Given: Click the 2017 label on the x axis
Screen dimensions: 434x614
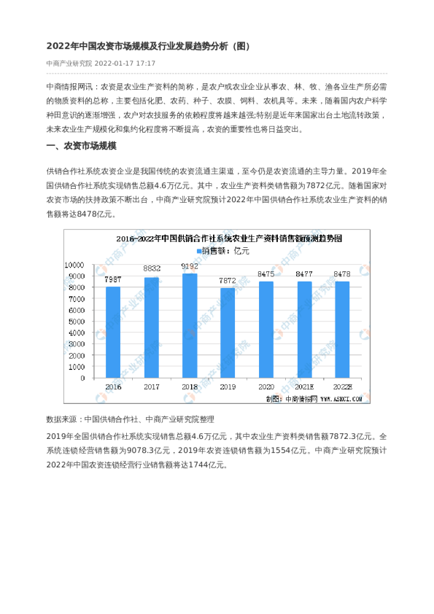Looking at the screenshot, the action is pos(152,386).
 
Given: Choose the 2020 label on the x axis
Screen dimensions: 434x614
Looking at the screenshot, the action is pos(266,386).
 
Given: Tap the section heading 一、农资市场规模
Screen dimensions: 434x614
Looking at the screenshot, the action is pos(80,146).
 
